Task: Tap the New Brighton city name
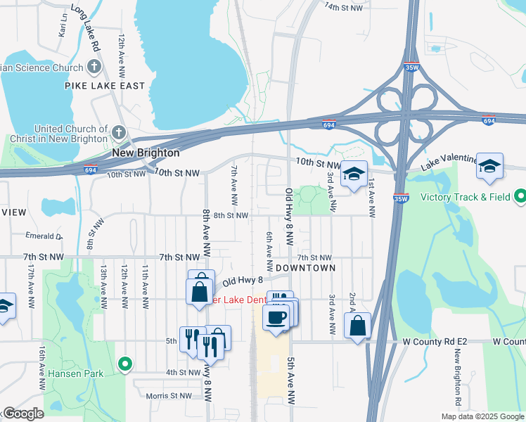click(x=146, y=153)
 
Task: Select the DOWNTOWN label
click(x=305, y=268)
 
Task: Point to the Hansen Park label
click(x=76, y=373)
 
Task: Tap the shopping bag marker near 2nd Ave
click(x=357, y=325)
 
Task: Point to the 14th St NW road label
click(x=344, y=6)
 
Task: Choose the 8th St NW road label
click(x=231, y=215)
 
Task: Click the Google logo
click(x=23, y=414)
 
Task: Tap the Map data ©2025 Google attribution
click(x=482, y=416)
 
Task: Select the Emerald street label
click(x=44, y=236)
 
